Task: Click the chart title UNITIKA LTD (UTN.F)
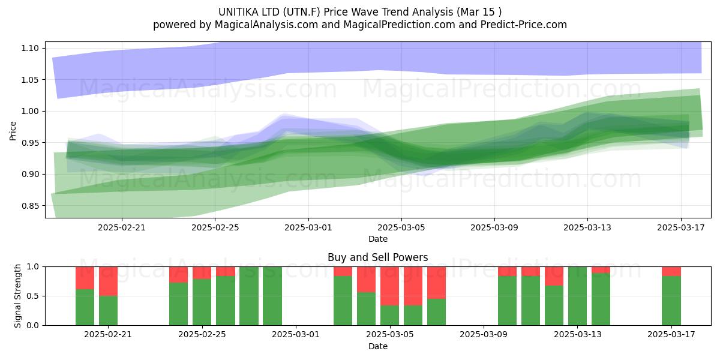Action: click(269, 12)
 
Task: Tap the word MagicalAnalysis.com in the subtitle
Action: click(266, 25)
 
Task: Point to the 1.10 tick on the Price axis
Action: click(30, 48)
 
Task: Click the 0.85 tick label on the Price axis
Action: click(30, 206)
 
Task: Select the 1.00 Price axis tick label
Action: click(30, 111)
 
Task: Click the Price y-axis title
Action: click(13, 131)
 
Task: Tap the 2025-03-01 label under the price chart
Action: click(308, 227)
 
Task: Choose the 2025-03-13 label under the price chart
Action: click(587, 227)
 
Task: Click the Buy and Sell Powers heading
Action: click(377, 257)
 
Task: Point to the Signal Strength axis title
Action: click(17, 296)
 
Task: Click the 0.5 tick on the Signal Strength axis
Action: click(33, 296)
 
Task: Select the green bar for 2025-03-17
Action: click(671, 301)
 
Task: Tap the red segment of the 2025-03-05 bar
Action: click(389, 286)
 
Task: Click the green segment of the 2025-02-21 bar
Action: click(108, 311)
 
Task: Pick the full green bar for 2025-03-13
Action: click(577, 296)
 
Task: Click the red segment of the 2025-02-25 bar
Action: click(202, 273)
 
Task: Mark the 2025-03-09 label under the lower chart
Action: click(484, 335)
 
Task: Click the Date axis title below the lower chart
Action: click(377, 346)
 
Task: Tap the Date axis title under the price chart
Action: click(377, 239)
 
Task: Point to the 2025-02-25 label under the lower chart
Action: click(202, 335)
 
